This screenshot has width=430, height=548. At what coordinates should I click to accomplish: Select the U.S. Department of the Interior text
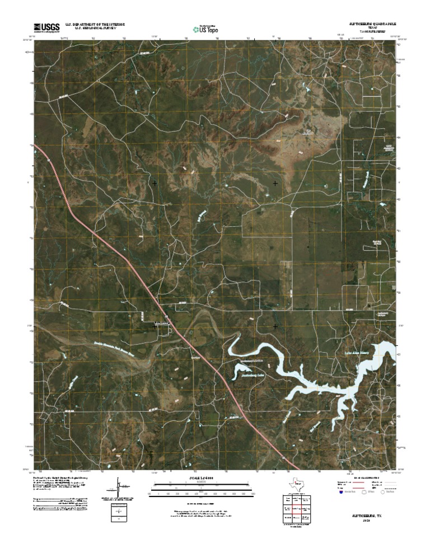click(x=95, y=25)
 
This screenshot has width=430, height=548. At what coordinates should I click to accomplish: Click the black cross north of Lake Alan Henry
click(x=275, y=326)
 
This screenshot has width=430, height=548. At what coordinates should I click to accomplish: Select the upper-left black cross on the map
click(x=155, y=183)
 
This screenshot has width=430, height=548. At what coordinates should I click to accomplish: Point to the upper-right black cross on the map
click(x=275, y=183)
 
